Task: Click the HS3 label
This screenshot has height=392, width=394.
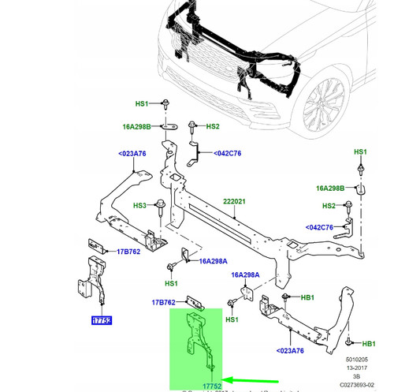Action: [139, 205]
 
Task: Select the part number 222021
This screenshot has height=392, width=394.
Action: [233, 202]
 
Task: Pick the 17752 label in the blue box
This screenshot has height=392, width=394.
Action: [101, 321]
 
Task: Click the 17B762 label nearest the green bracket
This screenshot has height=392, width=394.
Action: [164, 301]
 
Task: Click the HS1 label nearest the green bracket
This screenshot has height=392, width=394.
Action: [232, 320]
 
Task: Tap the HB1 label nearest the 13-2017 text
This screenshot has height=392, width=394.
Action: [368, 344]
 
